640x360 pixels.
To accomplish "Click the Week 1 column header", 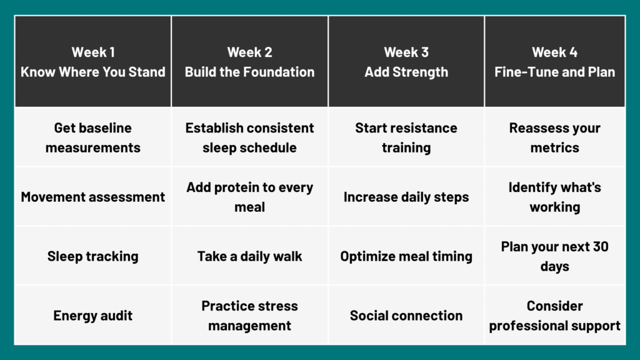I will click(93, 62).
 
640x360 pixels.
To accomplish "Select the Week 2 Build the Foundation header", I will click(249, 62).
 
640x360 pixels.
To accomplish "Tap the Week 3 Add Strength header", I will click(406, 62).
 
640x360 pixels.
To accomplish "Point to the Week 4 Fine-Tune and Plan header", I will click(554, 62).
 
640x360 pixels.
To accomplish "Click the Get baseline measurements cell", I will click(93, 137).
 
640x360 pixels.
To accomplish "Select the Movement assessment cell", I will click(93, 197).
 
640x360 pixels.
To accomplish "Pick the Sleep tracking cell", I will click(93, 256).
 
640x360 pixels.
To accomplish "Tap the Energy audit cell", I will click(93, 316).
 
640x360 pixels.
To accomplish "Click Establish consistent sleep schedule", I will click(249, 137).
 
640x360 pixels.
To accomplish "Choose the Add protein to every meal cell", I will click(249, 197).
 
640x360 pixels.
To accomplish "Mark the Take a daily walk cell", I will click(249, 256).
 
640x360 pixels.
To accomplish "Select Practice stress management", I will click(249, 316).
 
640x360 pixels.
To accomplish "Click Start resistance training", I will click(406, 137).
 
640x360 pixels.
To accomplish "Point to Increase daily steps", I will click(406, 197).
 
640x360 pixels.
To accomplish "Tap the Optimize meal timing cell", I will click(406, 256).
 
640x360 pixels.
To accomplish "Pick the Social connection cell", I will click(406, 316).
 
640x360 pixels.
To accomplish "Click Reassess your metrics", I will click(554, 137).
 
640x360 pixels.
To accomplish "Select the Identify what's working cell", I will click(554, 197).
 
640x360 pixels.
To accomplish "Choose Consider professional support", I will click(554, 316).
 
